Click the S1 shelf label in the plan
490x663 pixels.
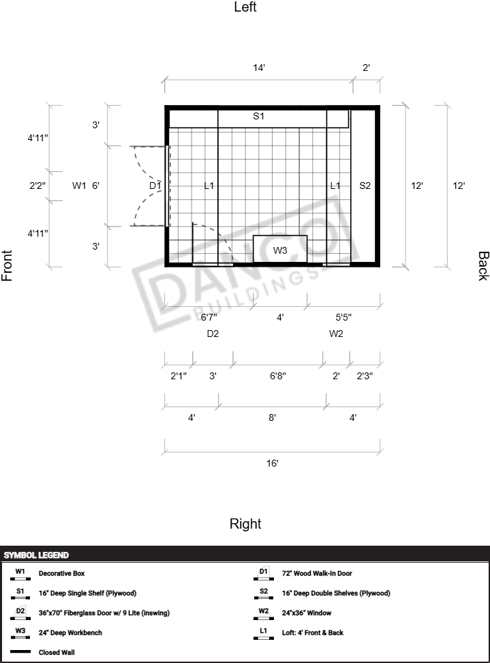[x=258, y=117]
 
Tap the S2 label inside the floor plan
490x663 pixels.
[x=365, y=186]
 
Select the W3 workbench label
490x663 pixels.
[x=280, y=251]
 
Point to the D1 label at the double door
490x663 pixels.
[x=155, y=186]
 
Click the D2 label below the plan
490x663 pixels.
[x=213, y=334]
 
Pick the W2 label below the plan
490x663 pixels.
[x=336, y=334]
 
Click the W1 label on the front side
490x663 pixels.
[x=79, y=186]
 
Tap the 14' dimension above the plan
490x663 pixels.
[x=258, y=68]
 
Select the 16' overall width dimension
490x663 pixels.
[x=272, y=463]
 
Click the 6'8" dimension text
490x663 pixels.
[x=277, y=376]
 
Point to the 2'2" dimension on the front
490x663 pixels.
[x=38, y=186]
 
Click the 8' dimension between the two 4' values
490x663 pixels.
[x=272, y=417]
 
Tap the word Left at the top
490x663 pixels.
[x=245, y=8]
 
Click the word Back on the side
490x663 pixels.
[x=483, y=266]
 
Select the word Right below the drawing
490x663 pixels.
[x=245, y=524]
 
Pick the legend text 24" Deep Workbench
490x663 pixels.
[x=70, y=633]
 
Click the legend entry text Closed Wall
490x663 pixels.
[x=57, y=652]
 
